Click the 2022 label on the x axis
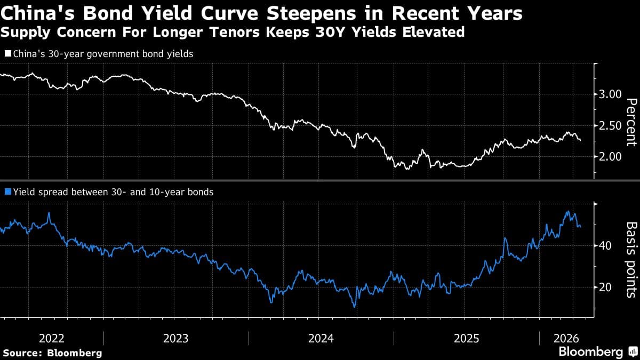click(52, 338)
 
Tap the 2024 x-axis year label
click(321, 338)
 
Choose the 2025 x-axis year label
click(466, 338)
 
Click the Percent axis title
click(631, 122)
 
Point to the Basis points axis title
click(631, 259)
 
